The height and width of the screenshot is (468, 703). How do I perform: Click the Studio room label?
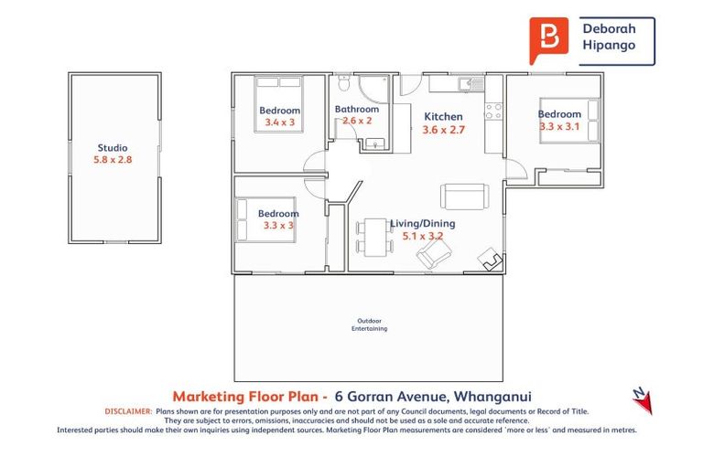coord(113,148)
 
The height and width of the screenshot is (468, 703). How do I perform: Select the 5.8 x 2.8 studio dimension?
coord(113,160)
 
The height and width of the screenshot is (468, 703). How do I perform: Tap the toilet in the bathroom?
coord(344,85)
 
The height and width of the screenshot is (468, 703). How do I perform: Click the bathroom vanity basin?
coord(375,143)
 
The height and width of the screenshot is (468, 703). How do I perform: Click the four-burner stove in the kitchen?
coord(492,112)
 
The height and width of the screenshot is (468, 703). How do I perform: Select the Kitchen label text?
coord(442,117)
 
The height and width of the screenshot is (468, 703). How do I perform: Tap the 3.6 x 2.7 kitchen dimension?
coord(444,130)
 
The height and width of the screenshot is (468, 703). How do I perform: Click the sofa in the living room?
coord(465,197)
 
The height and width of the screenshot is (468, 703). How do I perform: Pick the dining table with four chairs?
coord(373,238)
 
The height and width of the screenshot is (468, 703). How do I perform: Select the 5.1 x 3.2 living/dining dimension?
coord(423,236)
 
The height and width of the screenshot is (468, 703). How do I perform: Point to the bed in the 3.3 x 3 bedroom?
coord(267,220)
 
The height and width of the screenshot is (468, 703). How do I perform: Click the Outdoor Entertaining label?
coord(369,324)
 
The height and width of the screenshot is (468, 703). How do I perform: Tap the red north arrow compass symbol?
coord(640,394)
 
